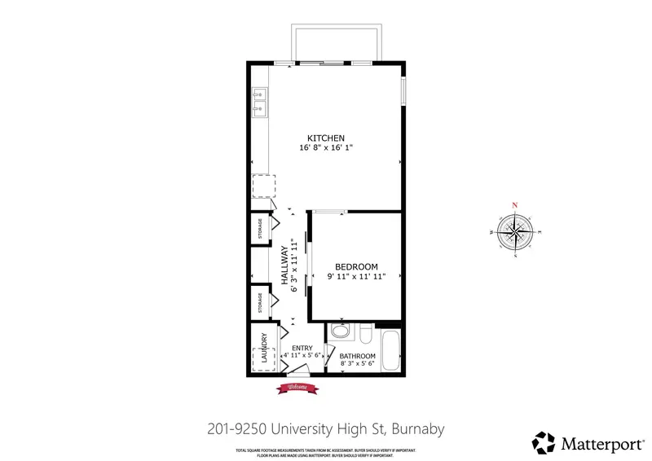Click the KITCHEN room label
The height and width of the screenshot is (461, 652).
pos(326,138)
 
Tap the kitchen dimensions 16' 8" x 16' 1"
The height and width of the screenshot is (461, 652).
pos(326,148)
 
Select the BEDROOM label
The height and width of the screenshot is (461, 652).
pos(357,266)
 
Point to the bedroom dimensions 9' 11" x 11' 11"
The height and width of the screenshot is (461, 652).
pos(357,277)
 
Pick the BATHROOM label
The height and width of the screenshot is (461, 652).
pos(357,357)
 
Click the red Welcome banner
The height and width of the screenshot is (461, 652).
pos(297,388)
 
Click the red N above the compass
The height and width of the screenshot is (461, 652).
pos(514,205)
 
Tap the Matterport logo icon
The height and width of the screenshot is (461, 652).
pos(544,442)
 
